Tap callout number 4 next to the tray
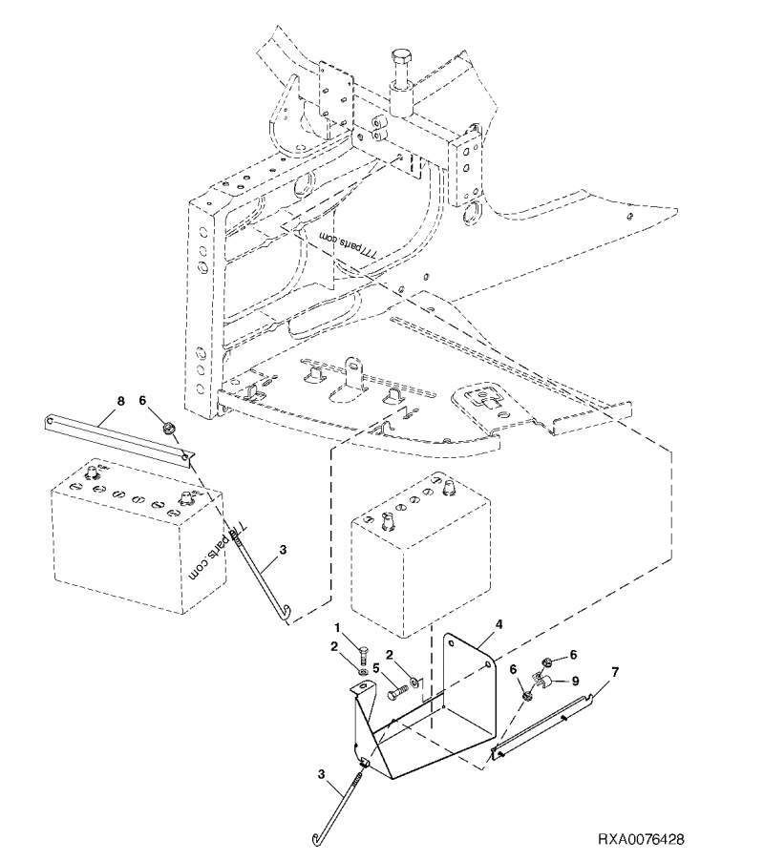[x=499, y=626]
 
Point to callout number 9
[x=576, y=682]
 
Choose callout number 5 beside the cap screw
[x=377, y=668]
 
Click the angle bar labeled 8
[x=115, y=434]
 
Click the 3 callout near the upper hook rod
[x=282, y=551]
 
